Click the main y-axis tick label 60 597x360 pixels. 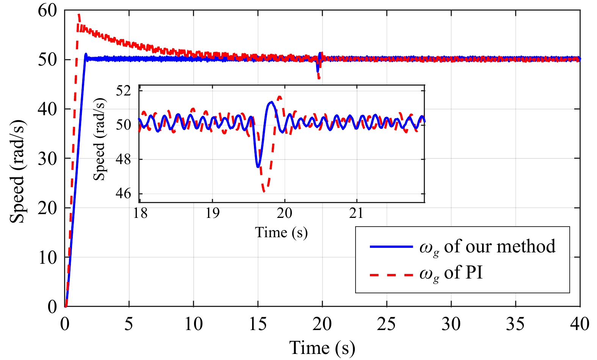(x=47, y=11)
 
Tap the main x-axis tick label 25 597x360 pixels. (x=386, y=324)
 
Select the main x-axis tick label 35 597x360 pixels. (x=515, y=324)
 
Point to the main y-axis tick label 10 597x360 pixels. (x=47, y=258)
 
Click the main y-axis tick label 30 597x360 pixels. (x=47, y=159)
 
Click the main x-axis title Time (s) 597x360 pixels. (x=322, y=348)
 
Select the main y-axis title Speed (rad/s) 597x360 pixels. (x=17, y=172)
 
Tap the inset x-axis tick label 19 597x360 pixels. (x=212, y=213)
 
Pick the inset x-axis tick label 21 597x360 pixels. (x=356, y=213)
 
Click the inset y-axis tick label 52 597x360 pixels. (x=123, y=91)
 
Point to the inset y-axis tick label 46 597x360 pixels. (x=123, y=194)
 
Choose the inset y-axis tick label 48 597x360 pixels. (x=123, y=159)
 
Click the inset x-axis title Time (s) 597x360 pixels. (x=281, y=232)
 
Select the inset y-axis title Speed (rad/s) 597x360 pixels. (x=99, y=139)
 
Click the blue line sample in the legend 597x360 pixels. (x=391, y=247)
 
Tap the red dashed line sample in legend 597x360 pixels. (x=391, y=274)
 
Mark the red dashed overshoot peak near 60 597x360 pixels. (x=78, y=14)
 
